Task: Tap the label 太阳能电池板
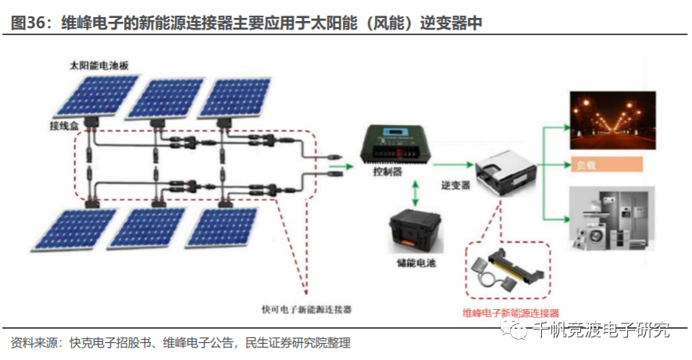point(93,68)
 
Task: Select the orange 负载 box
point(608,165)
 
